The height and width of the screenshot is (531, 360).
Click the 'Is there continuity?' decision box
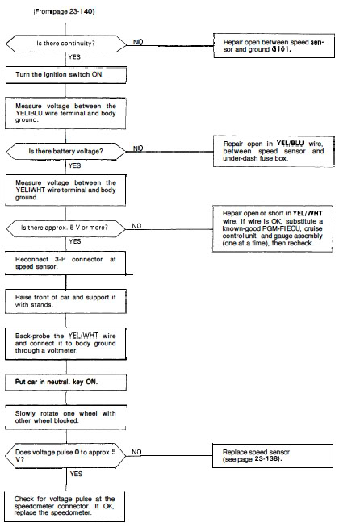[66, 44]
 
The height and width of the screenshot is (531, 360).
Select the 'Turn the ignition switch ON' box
[66, 75]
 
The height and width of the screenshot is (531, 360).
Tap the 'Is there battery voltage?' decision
[66, 151]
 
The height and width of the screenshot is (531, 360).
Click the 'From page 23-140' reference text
[64, 11]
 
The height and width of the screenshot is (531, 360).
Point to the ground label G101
[281, 49]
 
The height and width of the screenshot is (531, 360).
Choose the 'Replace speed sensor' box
[273, 455]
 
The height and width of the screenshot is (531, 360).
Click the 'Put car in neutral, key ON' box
[65, 382]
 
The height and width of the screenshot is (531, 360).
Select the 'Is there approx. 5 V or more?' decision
[66, 228]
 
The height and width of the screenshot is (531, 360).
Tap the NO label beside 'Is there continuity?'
[138, 42]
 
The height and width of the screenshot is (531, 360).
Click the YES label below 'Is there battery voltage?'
[74, 165]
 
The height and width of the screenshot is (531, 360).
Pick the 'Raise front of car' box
[65, 301]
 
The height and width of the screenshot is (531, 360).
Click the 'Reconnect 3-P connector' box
[65, 263]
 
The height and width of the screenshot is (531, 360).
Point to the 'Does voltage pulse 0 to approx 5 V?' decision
[65, 456]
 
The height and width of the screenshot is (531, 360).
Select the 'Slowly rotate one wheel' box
[65, 417]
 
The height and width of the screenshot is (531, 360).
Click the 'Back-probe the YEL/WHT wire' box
[65, 344]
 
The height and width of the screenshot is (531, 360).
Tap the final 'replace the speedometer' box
[65, 506]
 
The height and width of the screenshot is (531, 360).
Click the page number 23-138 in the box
[267, 459]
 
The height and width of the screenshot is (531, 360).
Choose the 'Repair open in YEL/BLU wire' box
[274, 151]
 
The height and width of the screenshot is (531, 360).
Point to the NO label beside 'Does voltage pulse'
[136, 452]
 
